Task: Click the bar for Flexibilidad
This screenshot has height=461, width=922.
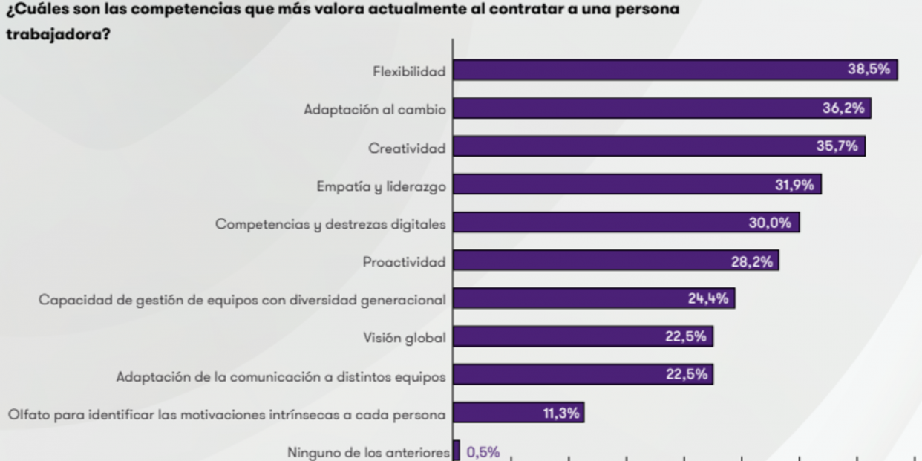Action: pyautogui.click(x=646, y=71)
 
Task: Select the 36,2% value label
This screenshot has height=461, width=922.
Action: pyautogui.click(x=843, y=108)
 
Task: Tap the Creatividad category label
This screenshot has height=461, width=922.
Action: pyautogui.click(x=407, y=148)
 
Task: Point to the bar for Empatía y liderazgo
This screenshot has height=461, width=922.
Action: pyautogui.click(x=609, y=185)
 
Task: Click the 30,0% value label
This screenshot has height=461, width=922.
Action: pyautogui.click(x=770, y=223)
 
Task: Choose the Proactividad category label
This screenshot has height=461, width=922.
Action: pyautogui.click(x=404, y=261)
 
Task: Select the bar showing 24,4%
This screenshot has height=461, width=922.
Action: pyautogui.click(x=564, y=298)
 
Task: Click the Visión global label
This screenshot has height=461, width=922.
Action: pyautogui.click(x=404, y=338)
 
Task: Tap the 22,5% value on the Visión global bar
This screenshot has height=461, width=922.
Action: pyautogui.click(x=685, y=337)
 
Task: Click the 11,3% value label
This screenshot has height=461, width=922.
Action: pyautogui.click(x=560, y=413)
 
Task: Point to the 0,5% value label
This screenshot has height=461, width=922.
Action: pyautogui.click(x=483, y=452)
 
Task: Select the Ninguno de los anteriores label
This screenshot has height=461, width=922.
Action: pyautogui.click(x=367, y=452)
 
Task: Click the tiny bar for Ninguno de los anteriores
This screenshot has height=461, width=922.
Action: pyautogui.click(x=457, y=451)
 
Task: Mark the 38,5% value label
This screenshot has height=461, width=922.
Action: pyautogui.click(x=869, y=70)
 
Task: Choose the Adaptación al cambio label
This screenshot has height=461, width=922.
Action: pyautogui.click(x=375, y=109)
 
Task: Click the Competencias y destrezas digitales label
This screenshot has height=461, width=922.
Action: pyautogui.click(x=330, y=223)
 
